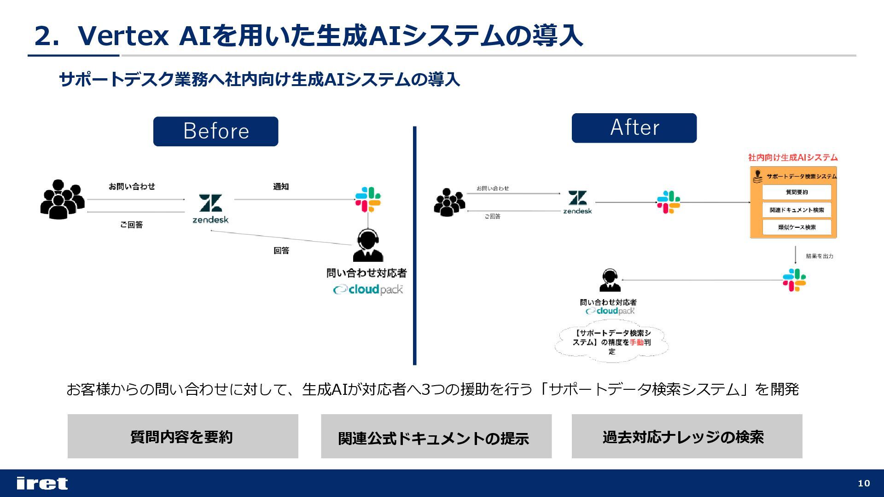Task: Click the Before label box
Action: click(x=215, y=131)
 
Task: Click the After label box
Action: click(x=634, y=128)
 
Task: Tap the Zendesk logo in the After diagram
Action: click(x=577, y=202)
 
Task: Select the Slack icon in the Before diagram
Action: click(x=368, y=199)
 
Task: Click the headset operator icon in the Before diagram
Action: click(x=367, y=245)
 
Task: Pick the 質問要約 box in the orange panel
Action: click(x=797, y=192)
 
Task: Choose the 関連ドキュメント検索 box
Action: click(x=797, y=210)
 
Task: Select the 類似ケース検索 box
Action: click(x=797, y=227)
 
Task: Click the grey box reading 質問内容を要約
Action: click(x=183, y=436)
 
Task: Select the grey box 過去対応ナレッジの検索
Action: click(x=686, y=436)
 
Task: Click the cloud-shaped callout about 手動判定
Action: click(x=611, y=342)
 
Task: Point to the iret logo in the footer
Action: click(x=42, y=483)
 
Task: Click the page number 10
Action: click(x=864, y=483)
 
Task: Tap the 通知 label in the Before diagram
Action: click(x=281, y=186)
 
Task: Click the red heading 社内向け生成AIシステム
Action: click(x=793, y=157)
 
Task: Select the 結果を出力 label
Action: click(x=820, y=256)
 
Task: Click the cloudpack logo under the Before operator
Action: click(x=368, y=289)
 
